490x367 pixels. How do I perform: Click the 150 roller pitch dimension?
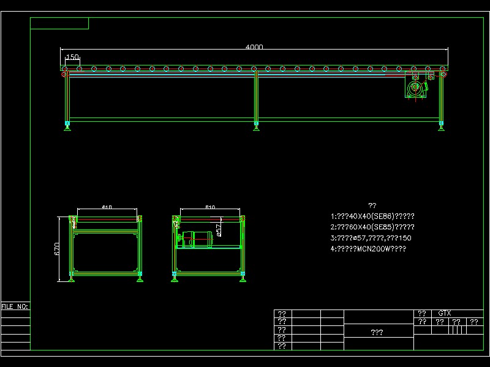pos(72,57)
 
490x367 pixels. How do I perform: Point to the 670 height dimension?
pos(56,248)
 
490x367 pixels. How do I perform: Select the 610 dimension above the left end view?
pos(107,208)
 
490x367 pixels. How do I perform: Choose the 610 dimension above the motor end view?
pos(209,208)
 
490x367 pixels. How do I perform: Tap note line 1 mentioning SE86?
pos(372,216)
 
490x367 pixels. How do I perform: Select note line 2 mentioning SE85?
pos(372,227)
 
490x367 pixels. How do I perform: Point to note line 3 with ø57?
pos(371,238)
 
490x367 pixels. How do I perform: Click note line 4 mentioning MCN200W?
pos(368,249)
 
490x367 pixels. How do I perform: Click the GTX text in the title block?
pos(445,313)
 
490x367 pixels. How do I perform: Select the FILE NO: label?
pos(15,306)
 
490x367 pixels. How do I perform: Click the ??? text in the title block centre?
pos(377,333)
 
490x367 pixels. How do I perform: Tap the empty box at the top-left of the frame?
pos(59,23)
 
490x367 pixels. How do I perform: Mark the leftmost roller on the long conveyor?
pos(65,69)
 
